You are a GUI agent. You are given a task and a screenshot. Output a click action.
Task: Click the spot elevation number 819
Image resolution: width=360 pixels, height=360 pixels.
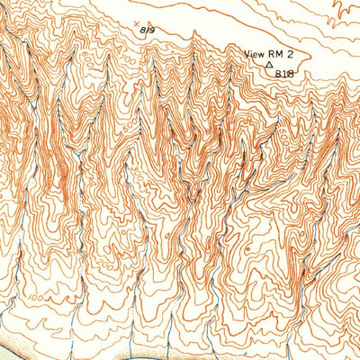(x=148, y=30)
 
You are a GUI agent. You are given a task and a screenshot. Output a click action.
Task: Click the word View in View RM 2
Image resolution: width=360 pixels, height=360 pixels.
(x=256, y=54)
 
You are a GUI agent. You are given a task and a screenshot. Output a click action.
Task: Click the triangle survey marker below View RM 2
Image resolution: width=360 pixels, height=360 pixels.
(x=268, y=64)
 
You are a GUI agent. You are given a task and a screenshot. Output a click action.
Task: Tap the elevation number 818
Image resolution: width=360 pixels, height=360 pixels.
(x=285, y=73)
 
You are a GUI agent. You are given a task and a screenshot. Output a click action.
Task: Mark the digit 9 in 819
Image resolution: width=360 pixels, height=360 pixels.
(x=154, y=30)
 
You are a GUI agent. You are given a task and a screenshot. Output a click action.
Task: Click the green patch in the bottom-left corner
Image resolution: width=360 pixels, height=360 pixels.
(x=7, y=353)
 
